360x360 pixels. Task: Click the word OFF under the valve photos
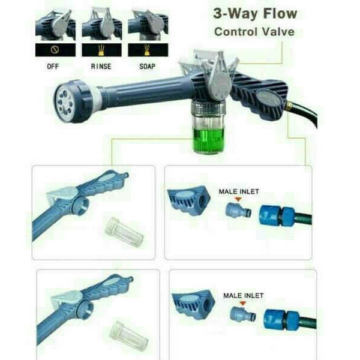click(x=53, y=67)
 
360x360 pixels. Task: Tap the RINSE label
click(x=101, y=67)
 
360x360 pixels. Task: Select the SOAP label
click(x=147, y=67)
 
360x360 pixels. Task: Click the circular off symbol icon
click(x=55, y=50)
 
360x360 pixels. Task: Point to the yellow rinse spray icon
click(x=101, y=50)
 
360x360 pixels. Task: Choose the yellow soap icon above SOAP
click(x=147, y=50)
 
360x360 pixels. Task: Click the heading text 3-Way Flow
click(x=255, y=14)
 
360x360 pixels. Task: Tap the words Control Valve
click(x=254, y=32)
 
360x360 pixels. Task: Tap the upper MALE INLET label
click(x=239, y=191)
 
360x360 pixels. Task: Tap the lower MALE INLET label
click(x=244, y=295)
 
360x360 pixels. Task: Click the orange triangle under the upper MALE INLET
click(x=238, y=199)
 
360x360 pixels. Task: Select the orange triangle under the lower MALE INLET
click(x=242, y=303)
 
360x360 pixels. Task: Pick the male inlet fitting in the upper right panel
click(x=238, y=211)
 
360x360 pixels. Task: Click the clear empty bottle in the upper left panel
click(x=124, y=232)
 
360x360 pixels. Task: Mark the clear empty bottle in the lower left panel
click(x=128, y=335)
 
